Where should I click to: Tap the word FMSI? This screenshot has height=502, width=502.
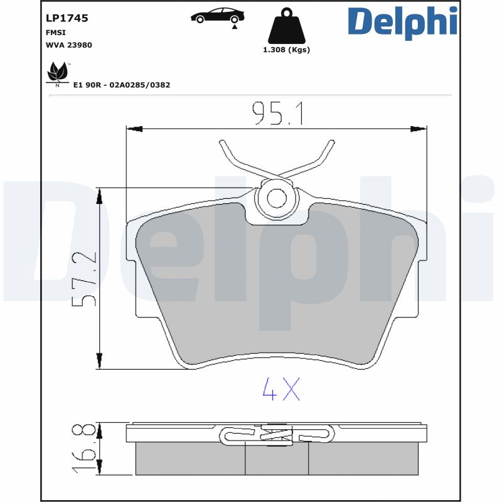coord(55,32)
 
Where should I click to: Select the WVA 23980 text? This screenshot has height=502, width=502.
coord(69,45)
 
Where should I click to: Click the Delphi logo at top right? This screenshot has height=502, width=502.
coord(402,22)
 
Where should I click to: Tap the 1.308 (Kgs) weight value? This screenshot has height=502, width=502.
coord(286,50)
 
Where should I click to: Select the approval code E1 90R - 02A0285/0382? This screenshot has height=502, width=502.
coord(122,85)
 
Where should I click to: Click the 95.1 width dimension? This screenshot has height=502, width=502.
coord(277,113)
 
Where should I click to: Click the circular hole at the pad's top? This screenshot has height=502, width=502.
coord(276,198)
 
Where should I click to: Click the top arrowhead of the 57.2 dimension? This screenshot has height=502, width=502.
coord(99,197)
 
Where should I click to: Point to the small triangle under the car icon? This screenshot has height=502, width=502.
coord(235,27)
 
